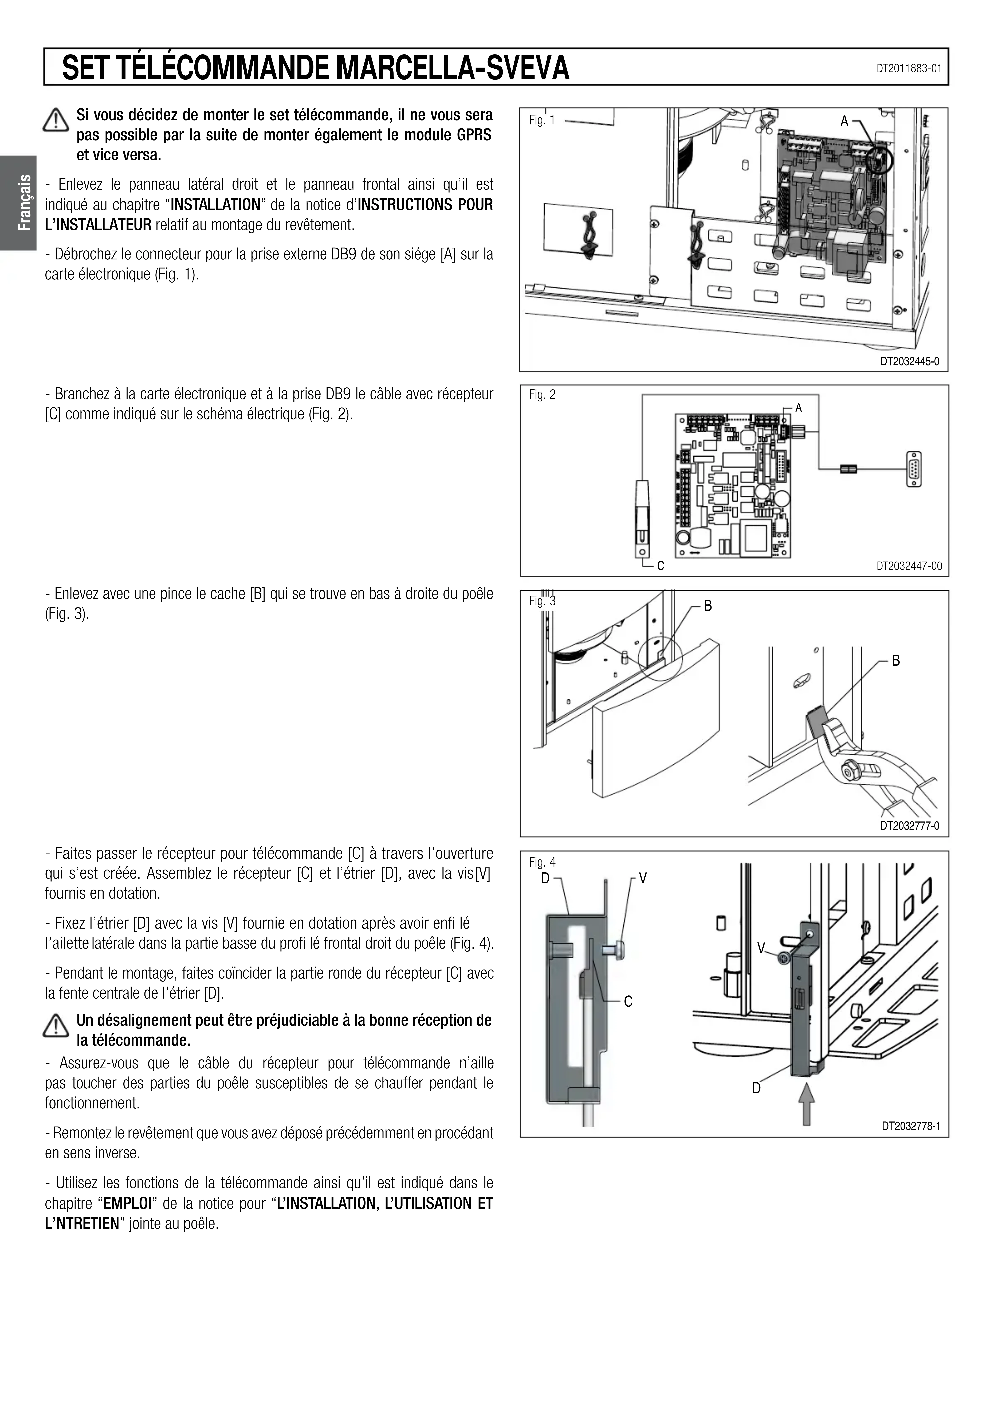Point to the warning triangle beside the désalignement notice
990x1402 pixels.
(56, 1025)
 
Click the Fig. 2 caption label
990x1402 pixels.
(542, 395)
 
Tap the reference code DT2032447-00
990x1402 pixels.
(909, 566)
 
